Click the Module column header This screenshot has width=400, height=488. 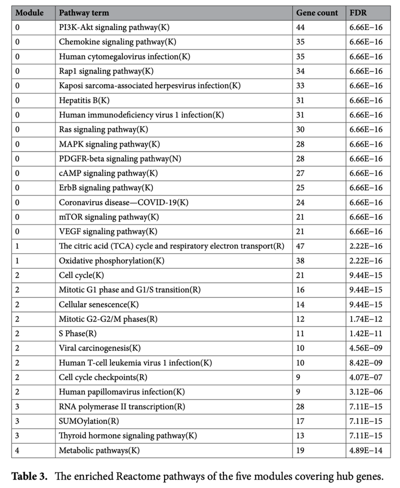point(29,12)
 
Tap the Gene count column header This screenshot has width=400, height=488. point(317,12)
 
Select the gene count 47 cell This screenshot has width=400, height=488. point(302,246)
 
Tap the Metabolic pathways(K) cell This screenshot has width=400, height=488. point(99,450)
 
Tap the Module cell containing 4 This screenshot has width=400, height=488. point(18,450)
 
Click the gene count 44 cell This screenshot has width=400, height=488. point(302,27)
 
